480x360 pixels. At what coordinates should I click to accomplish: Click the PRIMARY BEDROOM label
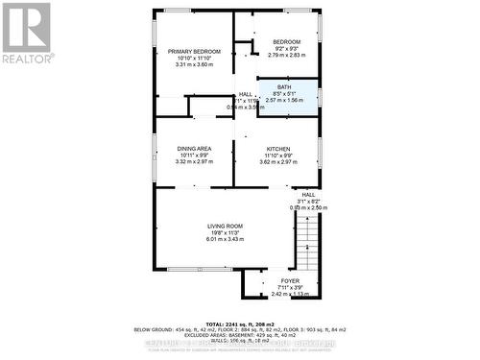tap(194, 51)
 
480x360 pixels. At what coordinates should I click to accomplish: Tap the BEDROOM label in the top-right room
tap(286, 42)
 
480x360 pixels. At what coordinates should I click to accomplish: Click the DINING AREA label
tap(194, 149)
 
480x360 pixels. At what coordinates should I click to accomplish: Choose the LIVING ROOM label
tap(226, 226)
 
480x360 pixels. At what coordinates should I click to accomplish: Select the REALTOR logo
tap(27, 33)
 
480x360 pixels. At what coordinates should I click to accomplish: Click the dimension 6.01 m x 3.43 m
tap(226, 239)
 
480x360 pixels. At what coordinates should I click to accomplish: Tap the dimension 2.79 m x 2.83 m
tap(286, 56)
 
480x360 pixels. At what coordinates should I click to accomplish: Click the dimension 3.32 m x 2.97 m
tap(194, 162)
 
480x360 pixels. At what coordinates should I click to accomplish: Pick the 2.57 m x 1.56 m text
tap(284, 100)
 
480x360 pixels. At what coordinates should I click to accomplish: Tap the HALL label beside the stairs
tap(309, 193)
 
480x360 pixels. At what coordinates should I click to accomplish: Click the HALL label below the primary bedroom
tap(245, 93)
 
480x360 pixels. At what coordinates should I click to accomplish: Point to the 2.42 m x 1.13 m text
tap(289, 294)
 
